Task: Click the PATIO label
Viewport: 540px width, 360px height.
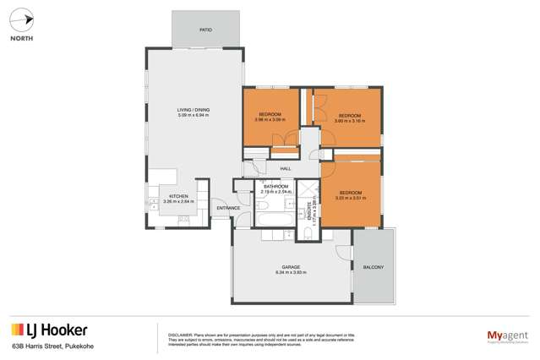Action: click(x=205, y=30)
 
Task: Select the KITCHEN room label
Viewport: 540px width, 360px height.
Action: click(x=177, y=196)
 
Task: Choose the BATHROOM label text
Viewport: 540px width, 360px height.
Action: click(x=276, y=186)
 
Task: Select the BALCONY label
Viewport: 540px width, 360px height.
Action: click(x=373, y=268)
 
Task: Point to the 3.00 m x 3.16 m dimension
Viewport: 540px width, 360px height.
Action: click(x=350, y=120)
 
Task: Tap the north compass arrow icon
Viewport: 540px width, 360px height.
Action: click(x=25, y=19)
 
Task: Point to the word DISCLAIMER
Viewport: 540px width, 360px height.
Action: click(x=180, y=329)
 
